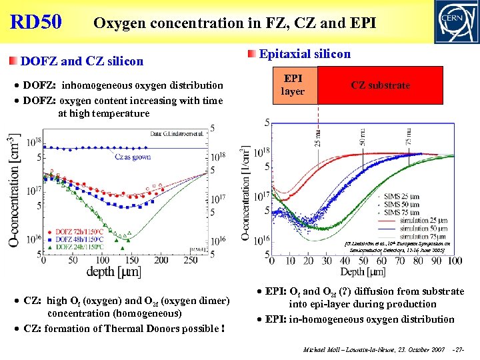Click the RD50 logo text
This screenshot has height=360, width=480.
(x=36, y=21)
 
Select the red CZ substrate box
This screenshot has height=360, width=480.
(x=381, y=85)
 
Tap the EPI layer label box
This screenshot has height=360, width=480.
(x=293, y=85)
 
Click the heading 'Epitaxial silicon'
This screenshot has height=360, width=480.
(x=304, y=54)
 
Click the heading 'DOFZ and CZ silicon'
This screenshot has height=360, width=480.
(x=82, y=61)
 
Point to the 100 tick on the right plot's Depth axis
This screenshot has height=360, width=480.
(x=455, y=260)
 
